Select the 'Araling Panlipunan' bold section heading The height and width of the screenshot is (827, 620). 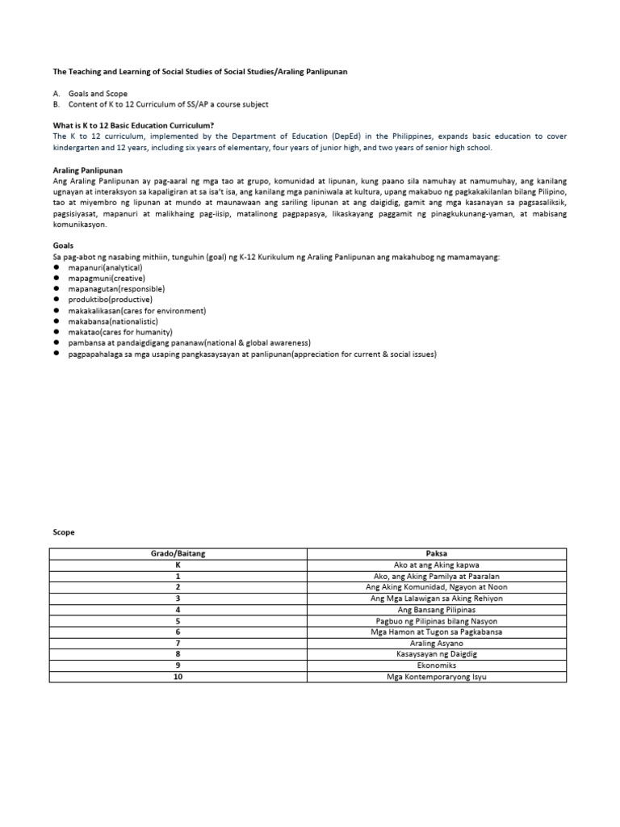pyautogui.click(x=87, y=171)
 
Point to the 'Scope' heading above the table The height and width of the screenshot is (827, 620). pyautogui.click(x=63, y=533)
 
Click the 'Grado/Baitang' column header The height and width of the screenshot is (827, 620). pyautogui.click(x=178, y=554)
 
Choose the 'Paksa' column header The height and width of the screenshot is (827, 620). pyautogui.click(x=437, y=554)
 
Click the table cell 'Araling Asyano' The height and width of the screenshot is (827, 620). pyautogui.click(x=437, y=643)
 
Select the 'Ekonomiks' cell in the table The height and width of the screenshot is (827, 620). pyautogui.click(x=437, y=665)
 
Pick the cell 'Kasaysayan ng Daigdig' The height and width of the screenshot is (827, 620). pyautogui.click(x=437, y=654)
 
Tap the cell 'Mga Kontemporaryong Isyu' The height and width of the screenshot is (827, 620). pyautogui.click(x=437, y=676)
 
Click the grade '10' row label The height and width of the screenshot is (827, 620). pyautogui.click(x=178, y=676)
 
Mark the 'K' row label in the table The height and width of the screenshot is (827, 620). pyautogui.click(x=178, y=565)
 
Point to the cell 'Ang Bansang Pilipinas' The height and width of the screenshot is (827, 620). pyautogui.click(x=437, y=610)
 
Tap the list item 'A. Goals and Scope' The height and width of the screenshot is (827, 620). pyautogui.click(x=90, y=94)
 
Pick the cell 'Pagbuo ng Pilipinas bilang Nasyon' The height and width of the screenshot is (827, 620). pyautogui.click(x=437, y=621)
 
